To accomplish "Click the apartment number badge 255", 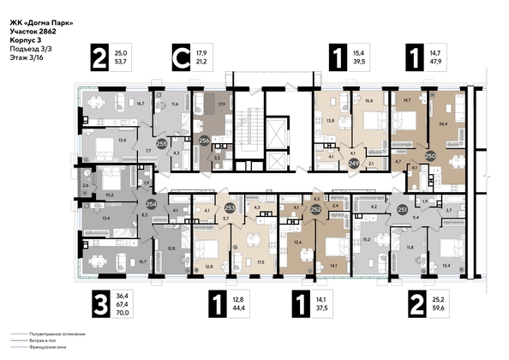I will (162, 145).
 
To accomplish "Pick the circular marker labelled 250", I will (431, 156).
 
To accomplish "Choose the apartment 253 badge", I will (230, 207).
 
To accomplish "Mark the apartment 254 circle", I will (151, 204).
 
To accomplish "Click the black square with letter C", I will (181, 58).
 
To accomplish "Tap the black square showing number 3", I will (102, 304).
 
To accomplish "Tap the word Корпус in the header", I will (23, 40).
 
